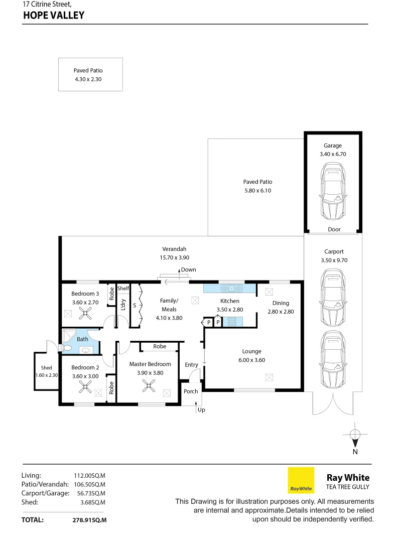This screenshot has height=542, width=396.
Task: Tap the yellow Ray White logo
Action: [x=301, y=480]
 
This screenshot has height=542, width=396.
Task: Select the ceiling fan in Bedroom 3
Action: [x=87, y=314]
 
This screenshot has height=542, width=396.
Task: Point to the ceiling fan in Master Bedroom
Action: [x=148, y=385]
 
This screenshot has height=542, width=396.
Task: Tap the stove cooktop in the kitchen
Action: [x=232, y=322]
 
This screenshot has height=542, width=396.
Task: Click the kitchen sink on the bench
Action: [x=231, y=288]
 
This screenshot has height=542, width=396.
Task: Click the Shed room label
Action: [x=46, y=368]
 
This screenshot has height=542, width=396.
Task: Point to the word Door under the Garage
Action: [x=334, y=229]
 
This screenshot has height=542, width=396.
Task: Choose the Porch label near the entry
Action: [x=191, y=391]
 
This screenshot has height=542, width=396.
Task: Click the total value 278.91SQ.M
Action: [x=89, y=520]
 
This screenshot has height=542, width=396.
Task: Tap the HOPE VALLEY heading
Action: [x=54, y=16]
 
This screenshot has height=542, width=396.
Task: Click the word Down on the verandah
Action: [x=188, y=270]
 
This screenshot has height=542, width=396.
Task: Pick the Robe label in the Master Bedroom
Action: [x=160, y=346]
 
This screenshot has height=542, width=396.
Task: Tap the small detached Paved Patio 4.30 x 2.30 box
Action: [x=90, y=74]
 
